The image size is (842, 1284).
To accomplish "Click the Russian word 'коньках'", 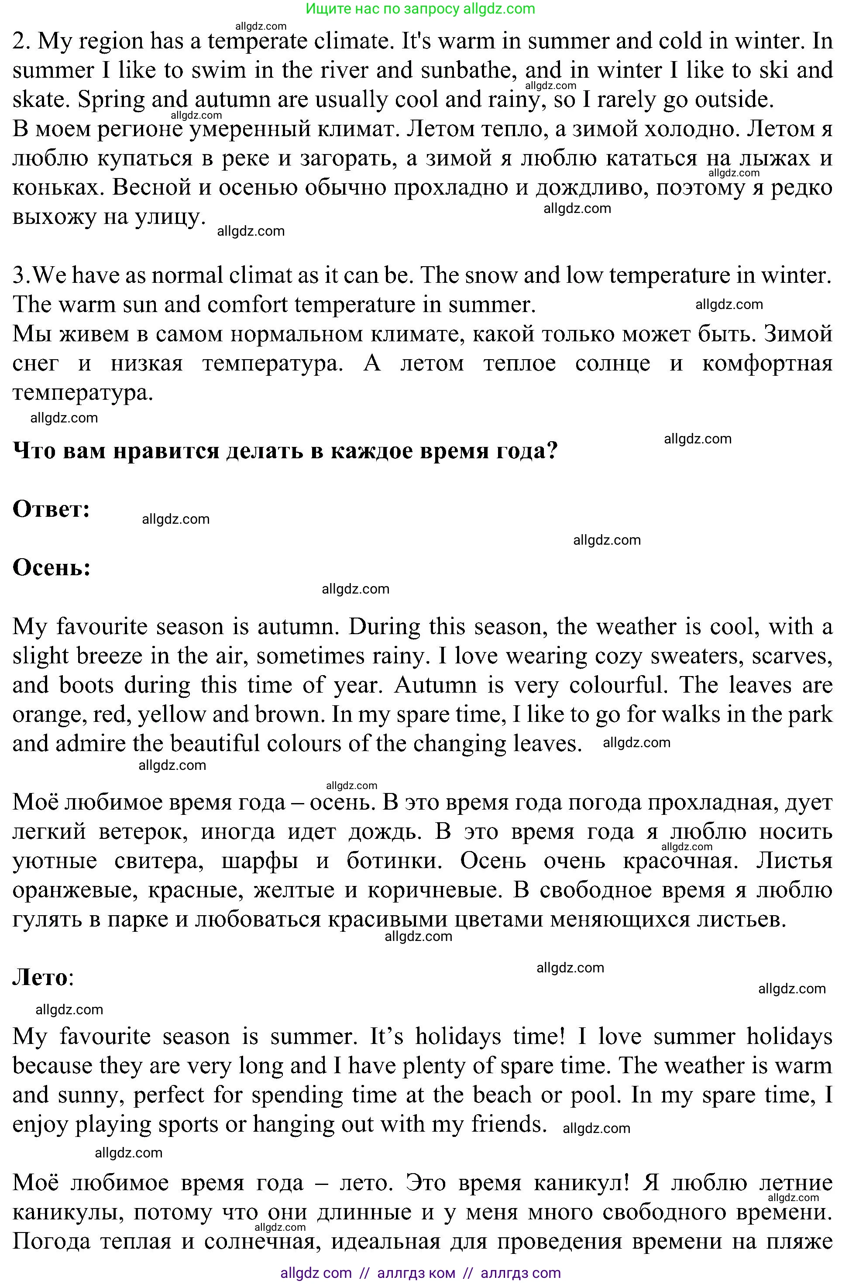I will pyautogui.click(x=58, y=188).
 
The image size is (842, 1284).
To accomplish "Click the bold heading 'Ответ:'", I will pyautogui.click(x=51, y=509).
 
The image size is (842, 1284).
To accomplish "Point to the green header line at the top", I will pyautogui.click(x=420, y=9).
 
